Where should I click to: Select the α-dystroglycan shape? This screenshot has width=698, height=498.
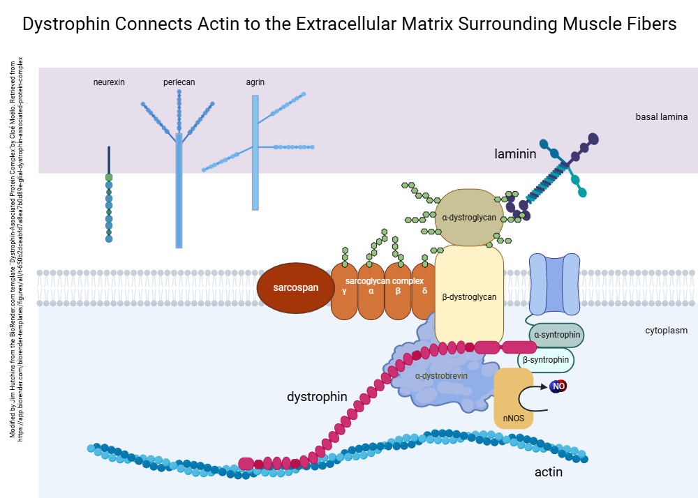(x=469, y=217)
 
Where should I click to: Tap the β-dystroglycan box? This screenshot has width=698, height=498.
(x=469, y=296)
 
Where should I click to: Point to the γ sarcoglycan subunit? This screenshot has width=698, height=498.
(x=344, y=292)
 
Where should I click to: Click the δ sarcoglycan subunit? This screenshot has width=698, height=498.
(x=424, y=292)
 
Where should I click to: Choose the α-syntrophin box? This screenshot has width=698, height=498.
(x=557, y=335)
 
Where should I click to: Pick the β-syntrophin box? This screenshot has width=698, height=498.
(x=546, y=359)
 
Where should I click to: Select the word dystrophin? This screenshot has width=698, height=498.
(x=317, y=397)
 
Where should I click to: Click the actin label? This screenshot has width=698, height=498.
(x=549, y=472)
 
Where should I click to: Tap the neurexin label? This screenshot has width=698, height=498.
(x=109, y=82)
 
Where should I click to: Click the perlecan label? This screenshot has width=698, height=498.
(x=179, y=82)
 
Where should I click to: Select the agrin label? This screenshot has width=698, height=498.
(x=255, y=82)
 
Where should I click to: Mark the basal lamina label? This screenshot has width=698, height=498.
(x=661, y=116)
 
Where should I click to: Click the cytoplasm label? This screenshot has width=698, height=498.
(x=666, y=330)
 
